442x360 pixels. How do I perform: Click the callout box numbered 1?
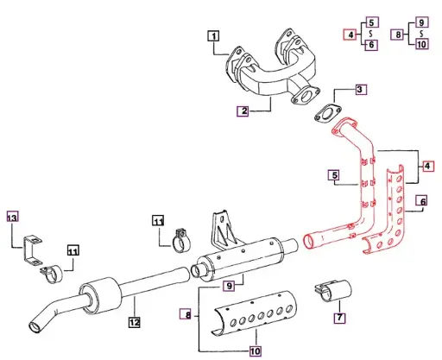[x=213, y=36]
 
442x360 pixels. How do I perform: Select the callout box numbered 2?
[x=244, y=111]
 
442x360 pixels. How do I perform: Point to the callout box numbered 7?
[x=339, y=319]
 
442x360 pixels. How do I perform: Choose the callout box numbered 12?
[x=134, y=323]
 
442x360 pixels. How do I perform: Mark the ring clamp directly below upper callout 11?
[x=181, y=240]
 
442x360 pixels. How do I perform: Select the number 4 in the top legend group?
[x=350, y=35]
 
